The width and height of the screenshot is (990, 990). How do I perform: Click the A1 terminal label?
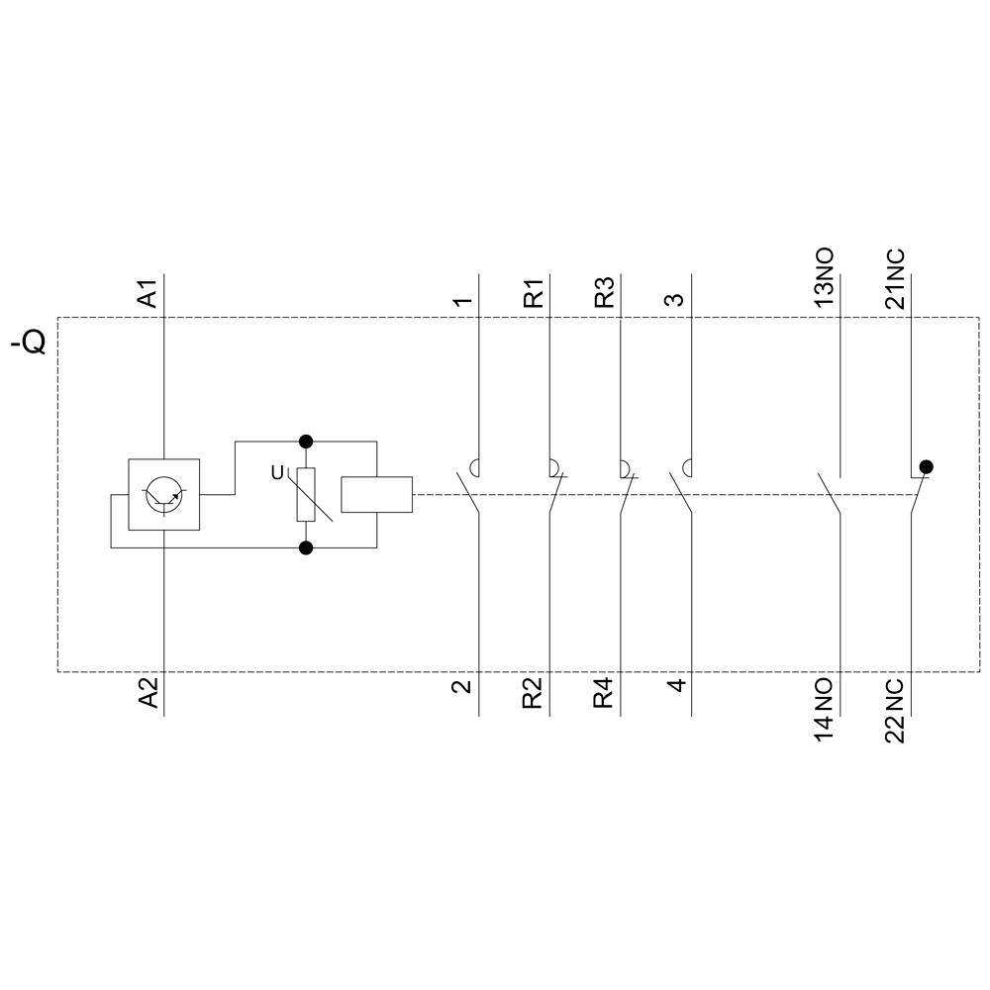[x=148, y=295]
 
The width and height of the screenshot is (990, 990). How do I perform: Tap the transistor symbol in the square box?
[x=163, y=495]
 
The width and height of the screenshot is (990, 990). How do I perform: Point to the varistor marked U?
[x=306, y=495]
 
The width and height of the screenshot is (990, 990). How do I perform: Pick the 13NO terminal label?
[x=824, y=278]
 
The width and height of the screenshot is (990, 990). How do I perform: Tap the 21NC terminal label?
[x=895, y=278]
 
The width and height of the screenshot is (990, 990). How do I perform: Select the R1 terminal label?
[x=534, y=294]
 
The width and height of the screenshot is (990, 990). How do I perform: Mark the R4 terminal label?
[x=603, y=693]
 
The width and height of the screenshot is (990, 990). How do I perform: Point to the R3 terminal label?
[x=603, y=294]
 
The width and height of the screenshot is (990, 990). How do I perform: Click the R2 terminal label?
[x=534, y=693]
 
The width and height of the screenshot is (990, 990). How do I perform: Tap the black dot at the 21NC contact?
[x=926, y=466]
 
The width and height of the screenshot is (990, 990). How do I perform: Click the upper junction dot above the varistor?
[x=306, y=441]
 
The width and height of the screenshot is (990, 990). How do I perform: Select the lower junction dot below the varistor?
[x=306, y=547]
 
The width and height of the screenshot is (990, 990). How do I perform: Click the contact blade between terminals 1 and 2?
[x=469, y=494]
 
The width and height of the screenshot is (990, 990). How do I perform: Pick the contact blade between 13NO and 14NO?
[x=830, y=494]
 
